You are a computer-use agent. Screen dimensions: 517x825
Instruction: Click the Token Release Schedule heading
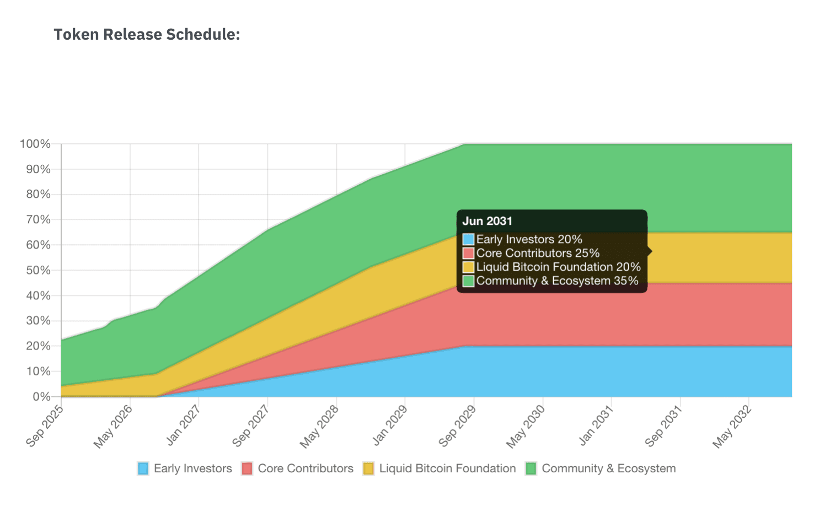pos(147,34)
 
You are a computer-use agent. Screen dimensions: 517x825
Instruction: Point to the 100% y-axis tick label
pos(35,144)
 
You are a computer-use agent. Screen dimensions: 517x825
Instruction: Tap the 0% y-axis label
pos(41,396)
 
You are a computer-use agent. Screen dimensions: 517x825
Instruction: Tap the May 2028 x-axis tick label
pos(319,427)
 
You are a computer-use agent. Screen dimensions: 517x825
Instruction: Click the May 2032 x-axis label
pos(732,427)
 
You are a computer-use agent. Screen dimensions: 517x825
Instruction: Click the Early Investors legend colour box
pos(143,468)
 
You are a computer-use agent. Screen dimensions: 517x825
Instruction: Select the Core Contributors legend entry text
pos(306,468)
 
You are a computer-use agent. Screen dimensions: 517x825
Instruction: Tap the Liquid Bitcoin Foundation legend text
pos(447,468)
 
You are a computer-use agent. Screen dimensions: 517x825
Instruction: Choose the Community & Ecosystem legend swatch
pos(531,468)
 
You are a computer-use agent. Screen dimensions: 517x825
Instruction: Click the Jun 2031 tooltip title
pos(488,221)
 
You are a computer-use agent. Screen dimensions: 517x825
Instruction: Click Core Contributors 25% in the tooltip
pos(538,253)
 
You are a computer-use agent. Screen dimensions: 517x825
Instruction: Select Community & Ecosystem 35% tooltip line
pos(557,281)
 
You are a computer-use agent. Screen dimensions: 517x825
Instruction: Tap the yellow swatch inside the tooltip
pos(469,267)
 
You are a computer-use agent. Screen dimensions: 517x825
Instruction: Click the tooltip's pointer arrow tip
pos(652,251)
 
